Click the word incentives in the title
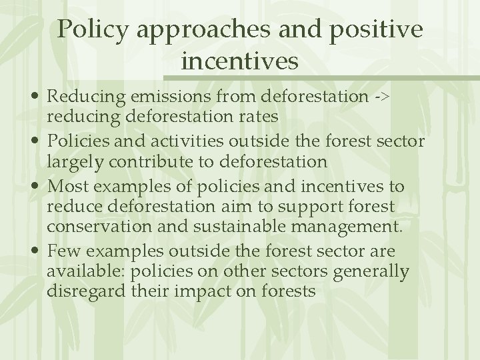239,61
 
